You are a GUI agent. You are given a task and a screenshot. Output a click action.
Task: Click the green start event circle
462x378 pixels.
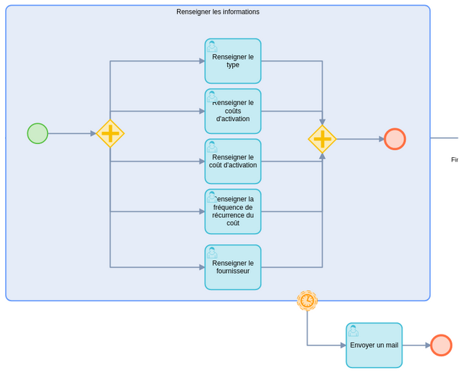tap(38, 133)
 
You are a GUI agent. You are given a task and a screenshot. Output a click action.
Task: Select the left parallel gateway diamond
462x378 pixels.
tap(110, 133)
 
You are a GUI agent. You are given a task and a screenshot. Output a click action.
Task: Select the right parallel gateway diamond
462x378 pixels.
tap(322, 139)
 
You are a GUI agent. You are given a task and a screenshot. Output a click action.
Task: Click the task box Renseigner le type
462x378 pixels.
tap(233, 62)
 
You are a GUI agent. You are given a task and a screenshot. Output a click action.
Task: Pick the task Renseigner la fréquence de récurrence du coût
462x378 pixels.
tap(233, 211)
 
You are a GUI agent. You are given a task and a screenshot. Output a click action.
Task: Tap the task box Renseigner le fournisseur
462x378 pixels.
tap(233, 267)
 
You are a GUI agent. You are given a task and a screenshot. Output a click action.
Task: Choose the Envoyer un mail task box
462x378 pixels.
tap(374, 345)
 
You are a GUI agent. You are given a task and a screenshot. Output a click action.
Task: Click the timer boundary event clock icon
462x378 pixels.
tap(308, 301)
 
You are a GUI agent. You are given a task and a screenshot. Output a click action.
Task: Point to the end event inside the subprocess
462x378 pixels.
tap(395, 139)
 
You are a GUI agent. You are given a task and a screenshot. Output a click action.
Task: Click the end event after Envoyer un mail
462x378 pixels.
tap(441, 345)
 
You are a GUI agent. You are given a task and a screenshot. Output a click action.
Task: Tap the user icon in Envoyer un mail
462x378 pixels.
tap(353, 331)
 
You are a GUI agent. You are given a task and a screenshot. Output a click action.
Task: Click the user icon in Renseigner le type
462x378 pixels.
tap(212, 46)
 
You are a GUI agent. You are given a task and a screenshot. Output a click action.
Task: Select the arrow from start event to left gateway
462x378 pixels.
tap(72, 133)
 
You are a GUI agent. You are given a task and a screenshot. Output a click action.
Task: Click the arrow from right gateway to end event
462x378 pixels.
tap(360, 139)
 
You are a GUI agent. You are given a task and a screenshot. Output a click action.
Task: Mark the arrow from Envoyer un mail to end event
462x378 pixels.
tap(416, 345)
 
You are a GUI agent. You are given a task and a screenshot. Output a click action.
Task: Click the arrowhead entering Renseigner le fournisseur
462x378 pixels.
tap(202, 267)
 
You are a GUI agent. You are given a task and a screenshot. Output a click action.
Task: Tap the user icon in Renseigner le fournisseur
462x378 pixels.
tap(212, 253)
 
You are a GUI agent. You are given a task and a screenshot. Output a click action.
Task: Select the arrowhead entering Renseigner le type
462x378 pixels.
tap(202, 62)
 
